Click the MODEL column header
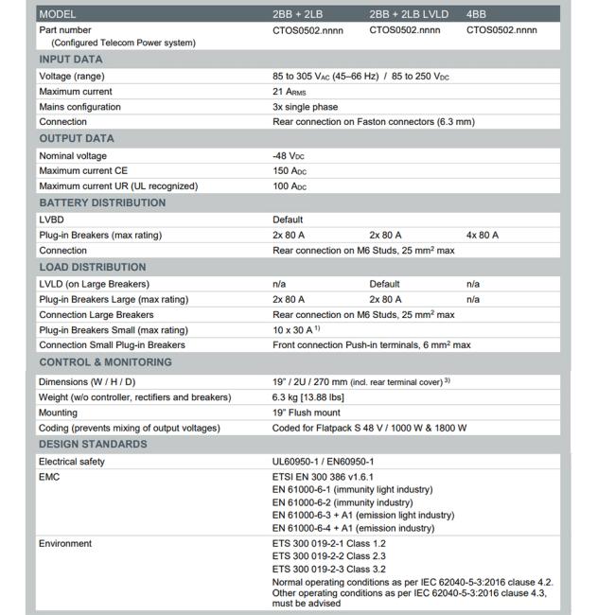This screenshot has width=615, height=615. pyautogui.click(x=58, y=14)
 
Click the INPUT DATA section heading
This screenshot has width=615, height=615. pyautogui.click(x=71, y=60)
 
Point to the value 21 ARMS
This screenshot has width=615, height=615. pyautogui.click(x=290, y=92)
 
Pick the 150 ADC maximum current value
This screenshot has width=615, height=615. pyautogui.click(x=291, y=171)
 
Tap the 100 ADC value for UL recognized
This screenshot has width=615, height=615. pyautogui.click(x=291, y=186)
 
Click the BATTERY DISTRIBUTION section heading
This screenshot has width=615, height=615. pyautogui.click(x=102, y=202)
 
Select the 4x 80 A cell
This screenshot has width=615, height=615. pyautogui.click(x=483, y=235)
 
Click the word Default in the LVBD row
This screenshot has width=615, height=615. pyautogui.click(x=288, y=220)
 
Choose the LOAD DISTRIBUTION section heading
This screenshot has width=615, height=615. pyautogui.click(x=93, y=267)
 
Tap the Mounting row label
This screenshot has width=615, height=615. pyautogui.click(x=59, y=413)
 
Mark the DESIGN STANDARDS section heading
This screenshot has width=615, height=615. pyautogui.click(x=93, y=445)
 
